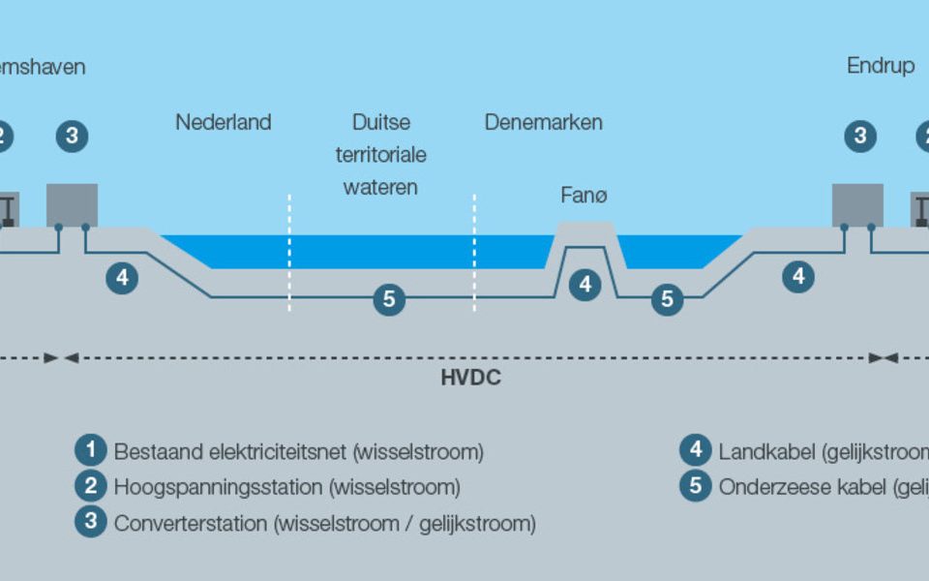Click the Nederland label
[223, 123]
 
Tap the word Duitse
[380, 123]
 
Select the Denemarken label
[543, 123]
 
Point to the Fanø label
[584, 196]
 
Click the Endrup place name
[881, 67]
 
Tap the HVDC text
[470, 378]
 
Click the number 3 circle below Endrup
[859, 137]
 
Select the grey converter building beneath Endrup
[857, 204]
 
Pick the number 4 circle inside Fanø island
[584, 285]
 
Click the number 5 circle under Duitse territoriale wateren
[389, 300]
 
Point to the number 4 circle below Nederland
[122, 278]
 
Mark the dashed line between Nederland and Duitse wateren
[289, 252]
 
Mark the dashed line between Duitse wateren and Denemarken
[474, 252]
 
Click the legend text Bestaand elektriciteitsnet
[231, 451]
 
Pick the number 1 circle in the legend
[91, 450]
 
